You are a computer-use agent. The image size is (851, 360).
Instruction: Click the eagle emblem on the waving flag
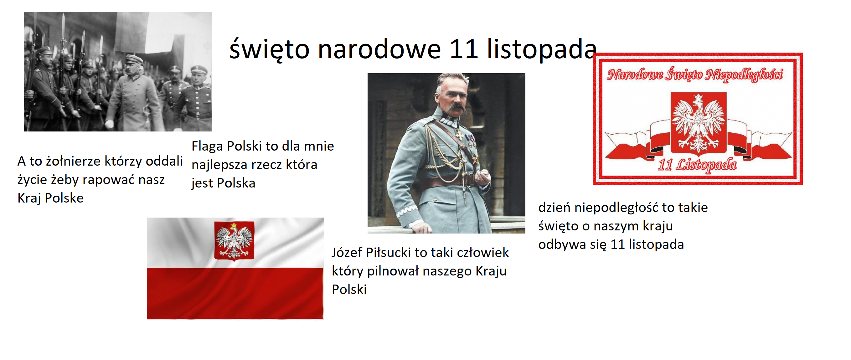tap(234, 241)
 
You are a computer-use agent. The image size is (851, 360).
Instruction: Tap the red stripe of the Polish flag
tap(235, 293)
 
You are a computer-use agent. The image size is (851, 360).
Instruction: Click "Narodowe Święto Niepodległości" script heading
tap(695, 75)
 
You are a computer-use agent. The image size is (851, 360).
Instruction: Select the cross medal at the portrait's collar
tap(460, 135)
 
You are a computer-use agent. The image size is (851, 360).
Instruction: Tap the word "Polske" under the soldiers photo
tap(64, 198)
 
